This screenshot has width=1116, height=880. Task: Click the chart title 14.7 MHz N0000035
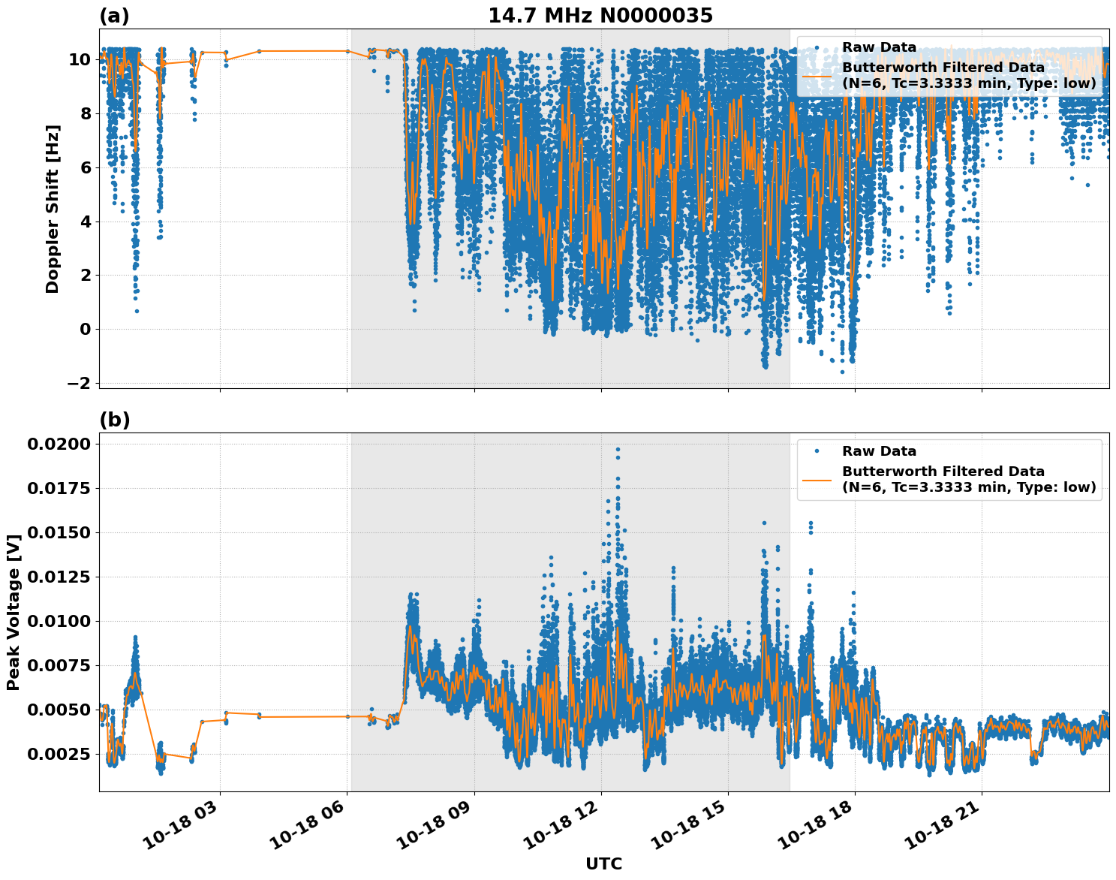pyautogui.click(x=600, y=16)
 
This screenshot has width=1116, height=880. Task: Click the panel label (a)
pyautogui.click(x=114, y=16)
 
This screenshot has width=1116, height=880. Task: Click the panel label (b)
pyautogui.click(x=114, y=420)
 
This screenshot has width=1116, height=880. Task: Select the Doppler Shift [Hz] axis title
pyautogui.click(x=53, y=209)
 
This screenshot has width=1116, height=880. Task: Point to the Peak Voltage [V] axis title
pyautogui.click(x=13, y=612)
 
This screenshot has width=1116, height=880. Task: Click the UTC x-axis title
pyautogui.click(x=603, y=863)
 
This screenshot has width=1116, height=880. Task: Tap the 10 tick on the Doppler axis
pyautogui.click(x=80, y=60)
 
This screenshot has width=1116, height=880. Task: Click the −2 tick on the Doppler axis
pyautogui.click(x=78, y=383)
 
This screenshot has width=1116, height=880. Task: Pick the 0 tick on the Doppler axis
pyautogui.click(x=85, y=329)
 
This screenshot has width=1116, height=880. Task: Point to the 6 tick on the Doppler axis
pyautogui.click(x=85, y=167)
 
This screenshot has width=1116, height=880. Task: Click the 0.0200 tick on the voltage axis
pyautogui.click(x=59, y=445)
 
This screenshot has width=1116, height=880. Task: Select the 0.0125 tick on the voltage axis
pyautogui.click(x=59, y=577)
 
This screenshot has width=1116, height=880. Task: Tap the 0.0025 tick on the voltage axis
pyautogui.click(x=59, y=754)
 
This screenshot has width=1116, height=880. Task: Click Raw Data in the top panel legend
pyautogui.click(x=879, y=47)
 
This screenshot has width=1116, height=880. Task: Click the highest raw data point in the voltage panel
pyautogui.click(x=618, y=449)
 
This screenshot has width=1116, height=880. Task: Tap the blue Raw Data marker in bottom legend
pyautogui.click(x=817, y=451)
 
